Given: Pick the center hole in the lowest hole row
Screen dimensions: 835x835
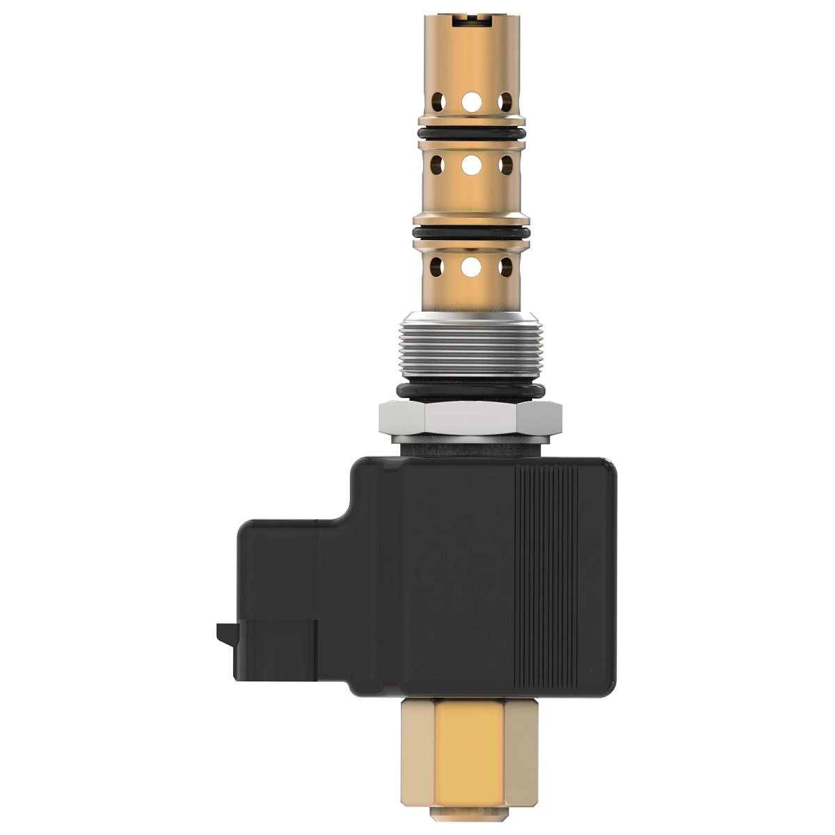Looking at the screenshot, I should coord(471,265).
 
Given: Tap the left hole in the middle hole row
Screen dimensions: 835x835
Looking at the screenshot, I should coord(437,165).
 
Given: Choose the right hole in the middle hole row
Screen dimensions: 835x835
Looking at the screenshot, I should coord(506,165).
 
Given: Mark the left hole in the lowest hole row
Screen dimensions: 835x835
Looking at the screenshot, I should coord(437,265).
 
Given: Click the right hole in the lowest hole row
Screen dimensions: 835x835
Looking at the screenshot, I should coord(506,265).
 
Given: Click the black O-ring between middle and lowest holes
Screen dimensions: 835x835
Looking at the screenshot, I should coord(471,232).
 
